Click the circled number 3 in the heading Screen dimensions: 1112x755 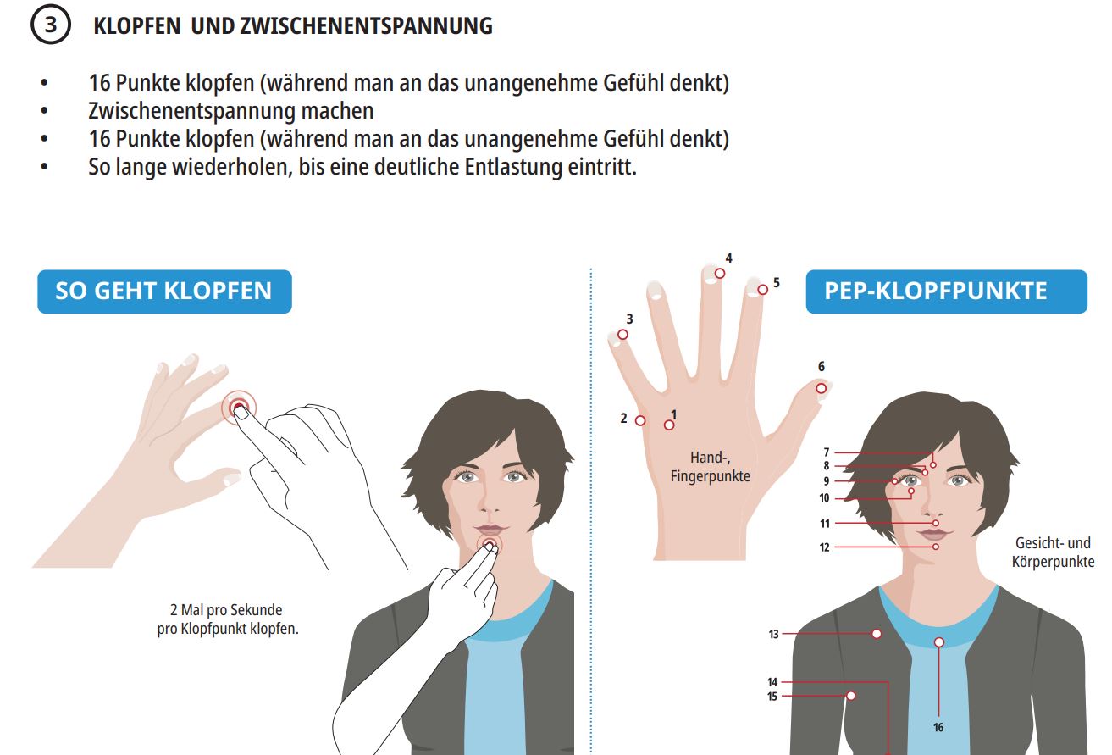pyautogui.click(x=51, y=25)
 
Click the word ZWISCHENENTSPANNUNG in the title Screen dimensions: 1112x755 pyautogui.click(x=367, y=25)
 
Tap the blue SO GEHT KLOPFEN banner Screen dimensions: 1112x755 pyautogui.click(x=164, y=291)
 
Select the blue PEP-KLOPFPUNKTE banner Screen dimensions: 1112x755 pyautogui.click(x=946, y=291)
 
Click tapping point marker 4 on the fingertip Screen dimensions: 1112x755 pyautogui.click(x=720, y=273)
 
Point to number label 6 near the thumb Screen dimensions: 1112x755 pyautogui.click(x=822, y=367)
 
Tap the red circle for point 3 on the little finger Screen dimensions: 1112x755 pyautogui.click(x=622, y=335)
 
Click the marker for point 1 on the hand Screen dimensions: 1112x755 pyautogui.click(x=669, y=425)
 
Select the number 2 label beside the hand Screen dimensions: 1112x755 pyautogui.click(x=624, y=419)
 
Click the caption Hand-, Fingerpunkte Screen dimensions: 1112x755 pyautogui.click(x=711, y=467)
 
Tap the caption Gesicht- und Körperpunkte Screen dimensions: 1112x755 pyautogui.click(x=1053, y=552)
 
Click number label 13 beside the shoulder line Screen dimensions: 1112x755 pyautogui.click(x=773, y=635)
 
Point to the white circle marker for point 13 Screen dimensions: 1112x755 pyautogui.click(x=877, y=634)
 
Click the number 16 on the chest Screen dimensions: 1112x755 pyautogui.click(x=938, y=728)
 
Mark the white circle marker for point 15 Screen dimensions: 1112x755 pyautogui.click(x=851, y=696)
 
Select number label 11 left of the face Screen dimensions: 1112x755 pyautogui.click(x=825, y=524)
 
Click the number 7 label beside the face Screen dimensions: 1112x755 pyautogui.click(x=827, y=452)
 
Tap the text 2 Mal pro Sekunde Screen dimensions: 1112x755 pyautogui.click(x=226, y=610)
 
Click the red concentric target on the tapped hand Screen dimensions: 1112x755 pyautogui.click(x=239, y=408)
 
